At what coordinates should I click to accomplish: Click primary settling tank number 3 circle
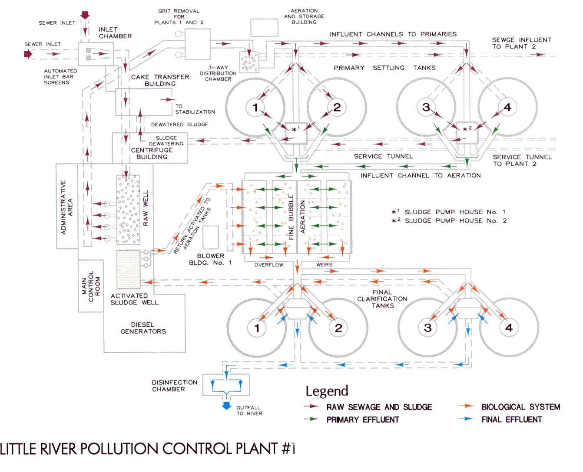pos(426,107)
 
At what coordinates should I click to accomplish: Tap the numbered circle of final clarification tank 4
pos(509,328)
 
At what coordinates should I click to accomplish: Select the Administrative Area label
pos(67,207)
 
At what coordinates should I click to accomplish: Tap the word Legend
pos(327,391)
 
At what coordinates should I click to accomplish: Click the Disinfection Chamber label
pos(174,386)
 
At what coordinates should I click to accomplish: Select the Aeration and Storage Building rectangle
pos(264,28)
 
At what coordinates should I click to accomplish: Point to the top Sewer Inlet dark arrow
pos(85,16)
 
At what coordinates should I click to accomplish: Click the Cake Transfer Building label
pos(160,80)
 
